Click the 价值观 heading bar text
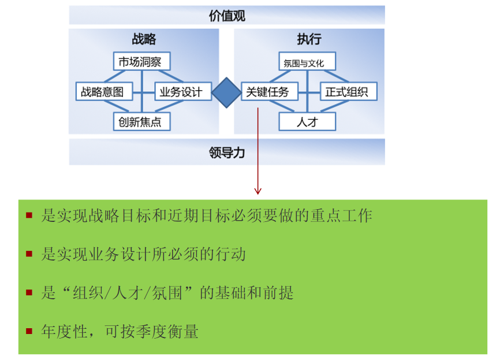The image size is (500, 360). (227, 16)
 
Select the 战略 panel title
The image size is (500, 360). (144, 39)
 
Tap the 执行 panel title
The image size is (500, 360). (309, 39)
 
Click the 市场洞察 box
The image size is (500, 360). (140, 62)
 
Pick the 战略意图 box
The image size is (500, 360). (103, 91)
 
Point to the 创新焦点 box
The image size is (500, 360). (140, 121)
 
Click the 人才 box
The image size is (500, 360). (307, 121)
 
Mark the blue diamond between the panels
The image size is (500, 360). (226, 91)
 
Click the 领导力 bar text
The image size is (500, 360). (227, 153)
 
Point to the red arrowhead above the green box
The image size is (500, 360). (258, 190)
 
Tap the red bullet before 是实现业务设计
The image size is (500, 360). (29, 253)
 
